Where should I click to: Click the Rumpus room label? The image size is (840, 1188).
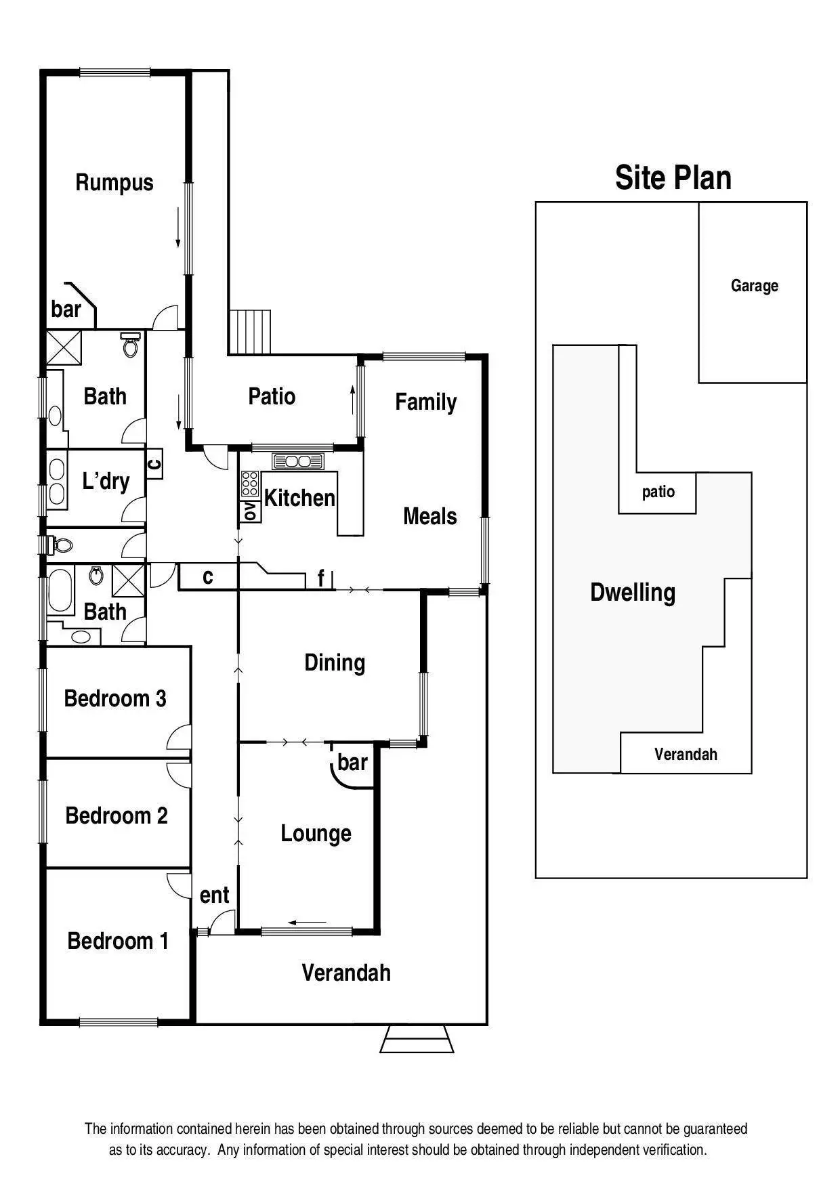pos(114,182)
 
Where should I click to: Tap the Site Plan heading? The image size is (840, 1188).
pos(673,177)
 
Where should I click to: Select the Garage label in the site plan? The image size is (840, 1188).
pos(754,286)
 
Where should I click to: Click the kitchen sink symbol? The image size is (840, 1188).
pos(298,462)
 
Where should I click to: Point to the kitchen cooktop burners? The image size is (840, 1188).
pos(249,484)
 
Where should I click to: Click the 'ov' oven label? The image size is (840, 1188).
pos(249,511)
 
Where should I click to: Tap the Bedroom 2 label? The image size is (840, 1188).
pos(116,815)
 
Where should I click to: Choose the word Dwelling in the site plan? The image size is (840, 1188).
pos(633,593)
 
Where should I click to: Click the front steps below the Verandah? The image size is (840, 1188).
pos(417,1039)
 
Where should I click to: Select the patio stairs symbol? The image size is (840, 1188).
pos(250,332)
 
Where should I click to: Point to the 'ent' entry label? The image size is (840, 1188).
pos(214,895)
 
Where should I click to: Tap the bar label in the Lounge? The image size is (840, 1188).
pos(352,763)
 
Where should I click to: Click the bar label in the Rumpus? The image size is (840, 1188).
pos(66,310)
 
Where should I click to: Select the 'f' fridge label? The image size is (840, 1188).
pos(321,578)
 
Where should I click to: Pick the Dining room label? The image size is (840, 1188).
pos(335,662)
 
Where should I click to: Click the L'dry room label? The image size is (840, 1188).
pos(106,482)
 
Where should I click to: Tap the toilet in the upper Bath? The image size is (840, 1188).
pos(130,345)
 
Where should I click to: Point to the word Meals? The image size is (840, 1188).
pos(429,517)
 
